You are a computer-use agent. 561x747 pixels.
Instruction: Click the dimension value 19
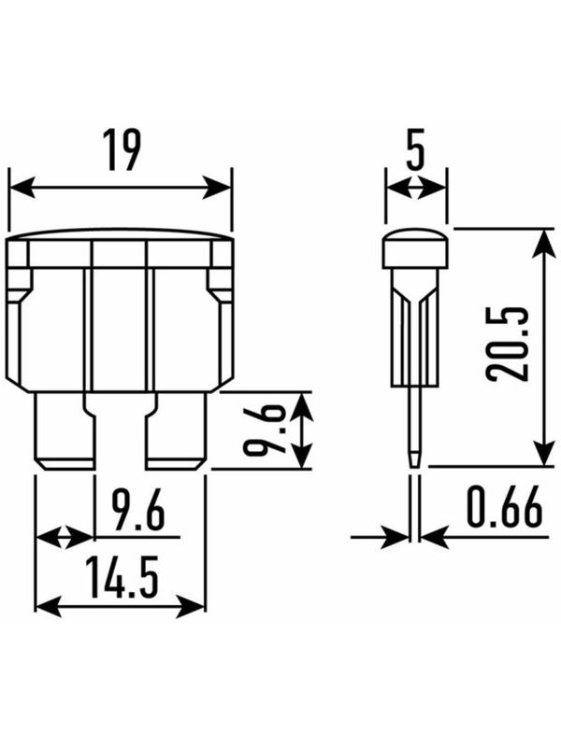point(121,150)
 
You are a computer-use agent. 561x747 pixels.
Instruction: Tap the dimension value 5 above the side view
point(415,150)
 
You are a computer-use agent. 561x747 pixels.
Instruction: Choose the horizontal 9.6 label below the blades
point(137,514)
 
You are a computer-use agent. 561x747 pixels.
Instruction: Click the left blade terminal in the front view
point(65,431)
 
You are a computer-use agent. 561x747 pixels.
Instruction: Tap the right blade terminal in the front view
point(177,431)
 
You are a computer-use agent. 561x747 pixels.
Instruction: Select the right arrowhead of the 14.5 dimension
point(196,606)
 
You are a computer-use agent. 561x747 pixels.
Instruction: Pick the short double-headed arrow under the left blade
point(65,537)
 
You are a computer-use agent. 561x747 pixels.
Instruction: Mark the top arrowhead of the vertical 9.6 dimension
point(300,402)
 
